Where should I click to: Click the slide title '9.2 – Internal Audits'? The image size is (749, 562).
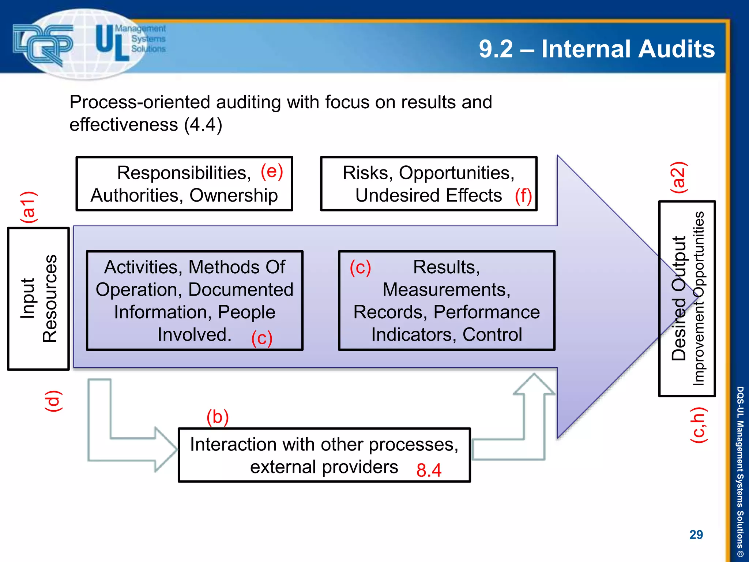point(596,49)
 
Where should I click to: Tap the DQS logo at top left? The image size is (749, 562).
point(43,44)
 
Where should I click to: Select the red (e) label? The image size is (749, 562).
point(272,172)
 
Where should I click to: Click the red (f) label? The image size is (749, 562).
point(523,196)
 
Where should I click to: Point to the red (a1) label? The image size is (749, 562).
point(29,207)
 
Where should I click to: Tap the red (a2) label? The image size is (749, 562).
point(678,178)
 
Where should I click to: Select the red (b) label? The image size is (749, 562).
point(218,417)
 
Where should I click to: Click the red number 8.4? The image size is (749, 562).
point(429,470)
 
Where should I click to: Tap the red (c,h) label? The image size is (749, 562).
point(699,425)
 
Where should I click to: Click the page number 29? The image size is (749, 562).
point(696,535)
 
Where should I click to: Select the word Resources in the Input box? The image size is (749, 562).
point(50,299)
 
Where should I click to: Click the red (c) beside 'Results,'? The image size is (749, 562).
point(360,267)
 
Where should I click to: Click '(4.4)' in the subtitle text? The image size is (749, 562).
point(203,125)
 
